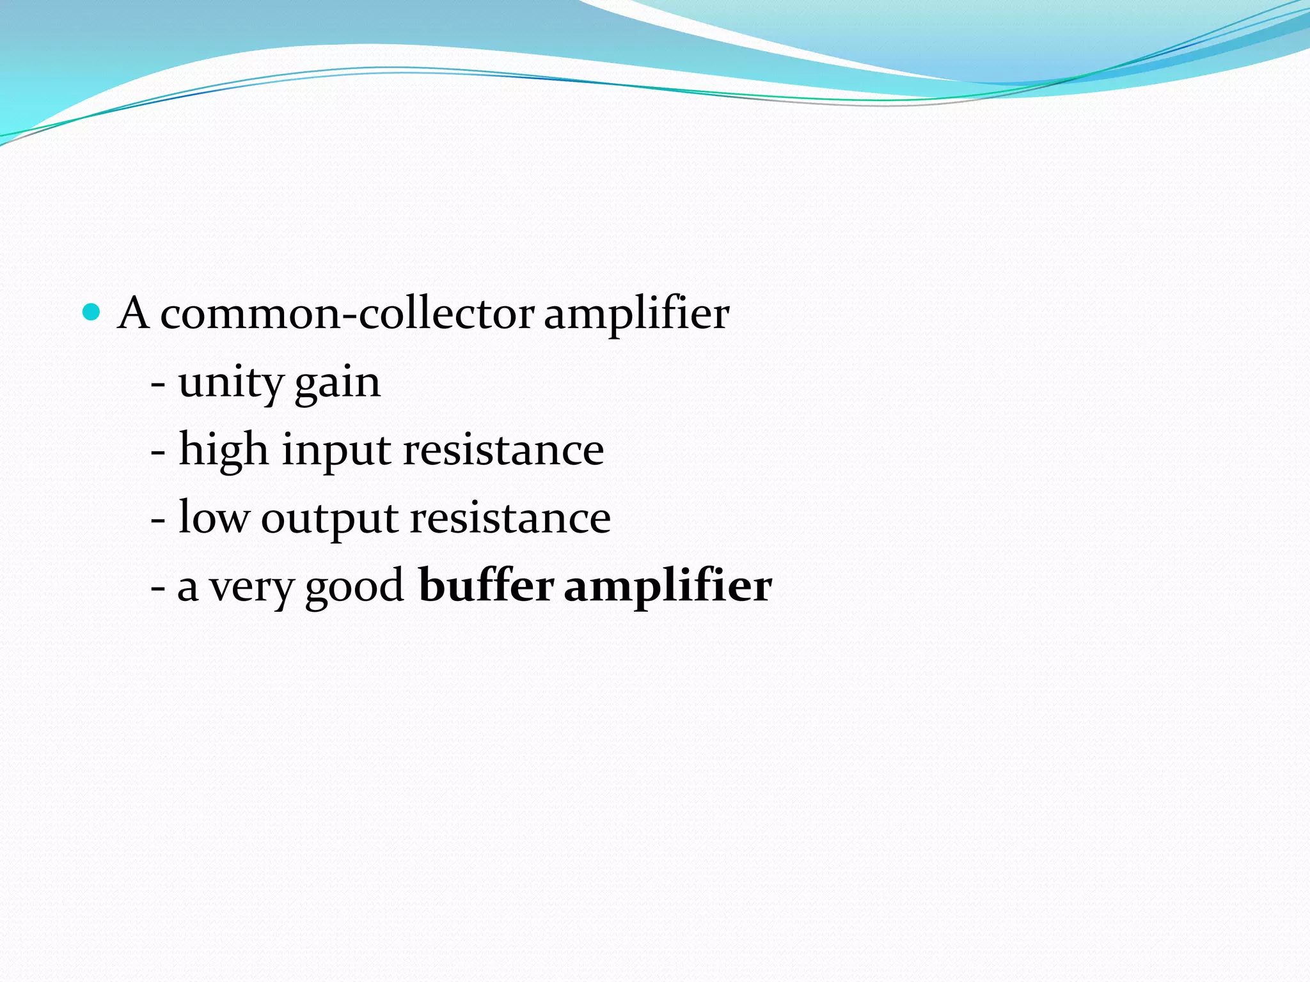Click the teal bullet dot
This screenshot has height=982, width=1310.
point(92,312)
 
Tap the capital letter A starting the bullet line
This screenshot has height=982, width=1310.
point(134,313)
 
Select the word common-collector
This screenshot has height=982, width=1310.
point(347,315)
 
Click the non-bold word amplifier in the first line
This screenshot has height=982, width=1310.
point(636,315)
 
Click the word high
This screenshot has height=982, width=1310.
point(223,450)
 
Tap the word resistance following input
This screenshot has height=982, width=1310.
point(503,450)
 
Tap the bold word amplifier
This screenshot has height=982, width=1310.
point(668,587)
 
